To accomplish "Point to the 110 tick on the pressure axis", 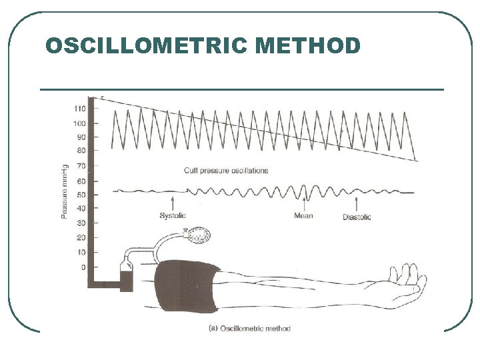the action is [79, 109].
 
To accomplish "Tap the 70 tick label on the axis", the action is [81, 165].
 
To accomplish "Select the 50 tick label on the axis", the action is [81, 195].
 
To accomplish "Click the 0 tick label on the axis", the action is [83, 267].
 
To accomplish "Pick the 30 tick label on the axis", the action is [81, 223].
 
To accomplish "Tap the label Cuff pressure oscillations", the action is [226, 171].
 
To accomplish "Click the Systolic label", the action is [173, 216].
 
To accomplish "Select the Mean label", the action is [303, 216].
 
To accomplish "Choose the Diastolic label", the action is [357, 217].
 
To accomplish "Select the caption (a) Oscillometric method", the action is [250, 328].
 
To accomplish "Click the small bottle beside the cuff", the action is [127, 275].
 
